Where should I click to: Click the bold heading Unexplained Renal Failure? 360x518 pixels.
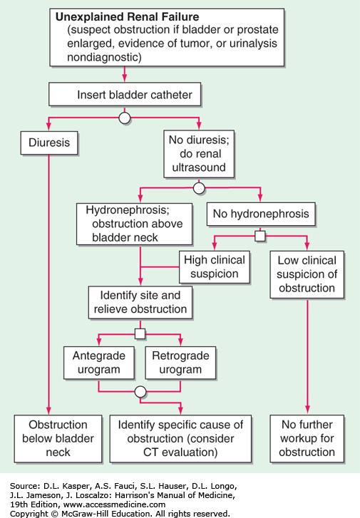(128, 17)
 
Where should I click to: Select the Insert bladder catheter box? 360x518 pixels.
(125, 94)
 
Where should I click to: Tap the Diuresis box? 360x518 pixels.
(49, 143)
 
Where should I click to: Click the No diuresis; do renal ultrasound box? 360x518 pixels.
(199, 154)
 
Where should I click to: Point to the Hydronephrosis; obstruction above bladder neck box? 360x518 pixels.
(134, 224)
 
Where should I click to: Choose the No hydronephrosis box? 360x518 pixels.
(261, 214)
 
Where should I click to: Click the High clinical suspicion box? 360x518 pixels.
(214, 267)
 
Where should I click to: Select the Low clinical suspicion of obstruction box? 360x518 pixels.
(307, 274)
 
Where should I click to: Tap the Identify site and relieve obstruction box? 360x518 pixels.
(140, 302)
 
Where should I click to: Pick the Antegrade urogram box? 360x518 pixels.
(99, 363)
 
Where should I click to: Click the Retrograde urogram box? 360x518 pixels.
(180, 363)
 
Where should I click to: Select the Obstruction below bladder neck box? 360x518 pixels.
(58, 438)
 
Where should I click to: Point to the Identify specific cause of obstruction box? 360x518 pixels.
(180, 438)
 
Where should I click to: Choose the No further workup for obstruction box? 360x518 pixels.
(307, 438)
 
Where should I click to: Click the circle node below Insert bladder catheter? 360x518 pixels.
(124, 118)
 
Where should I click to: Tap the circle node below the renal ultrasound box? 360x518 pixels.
(199, 188)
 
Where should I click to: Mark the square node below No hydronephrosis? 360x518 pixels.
(260, 236)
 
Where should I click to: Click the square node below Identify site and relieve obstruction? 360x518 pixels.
(140, 333)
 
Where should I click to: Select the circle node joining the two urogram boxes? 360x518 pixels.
(140, 392)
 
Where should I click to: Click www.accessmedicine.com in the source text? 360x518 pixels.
(114, 504)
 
